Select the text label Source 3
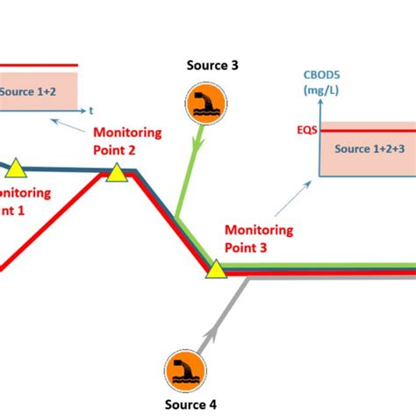coord(212,65)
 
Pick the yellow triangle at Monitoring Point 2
coord(117,172)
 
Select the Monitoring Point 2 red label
coord(127,140)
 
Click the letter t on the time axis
coord(91,111)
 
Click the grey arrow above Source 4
coord(211,334)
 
